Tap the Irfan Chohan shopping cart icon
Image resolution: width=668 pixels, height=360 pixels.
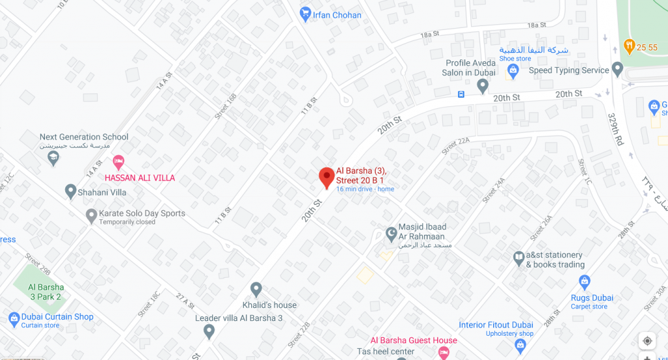(x=305, y=14)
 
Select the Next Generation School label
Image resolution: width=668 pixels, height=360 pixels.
(x=84, y=137)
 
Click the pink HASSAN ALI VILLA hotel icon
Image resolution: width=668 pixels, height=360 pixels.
(x=118, y=161)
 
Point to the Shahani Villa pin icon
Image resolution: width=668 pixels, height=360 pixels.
(x=71, y=192)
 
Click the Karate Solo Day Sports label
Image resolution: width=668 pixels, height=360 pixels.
(x=142, y=213)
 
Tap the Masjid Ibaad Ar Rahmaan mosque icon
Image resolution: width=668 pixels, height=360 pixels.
(x=391, y=232)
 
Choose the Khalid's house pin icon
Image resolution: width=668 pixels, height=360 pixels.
(x=256, y=289)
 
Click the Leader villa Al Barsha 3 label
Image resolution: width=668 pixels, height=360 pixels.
(x=239, y=318)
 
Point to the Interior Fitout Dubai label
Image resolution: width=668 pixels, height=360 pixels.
(x=496, y=325)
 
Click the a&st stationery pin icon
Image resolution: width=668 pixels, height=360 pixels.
(x=519, y=257)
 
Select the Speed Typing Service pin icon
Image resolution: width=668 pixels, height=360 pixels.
(x=617, y=69)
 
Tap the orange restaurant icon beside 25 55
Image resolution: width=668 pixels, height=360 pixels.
(x=630, y=46)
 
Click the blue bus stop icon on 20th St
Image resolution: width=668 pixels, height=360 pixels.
(x=461, y=94)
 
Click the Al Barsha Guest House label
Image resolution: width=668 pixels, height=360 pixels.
(x=414, y=340)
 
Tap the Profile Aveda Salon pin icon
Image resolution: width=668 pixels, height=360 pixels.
(x=483, y=85)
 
